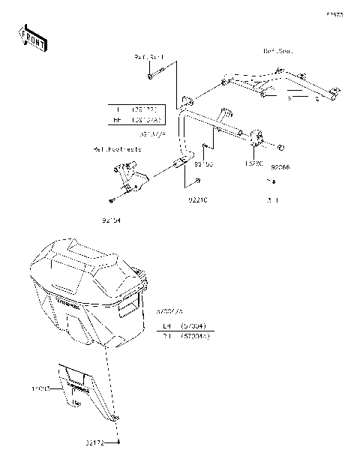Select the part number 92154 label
pos(110,221)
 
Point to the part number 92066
pos(280,168)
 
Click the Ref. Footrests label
pos(117,150)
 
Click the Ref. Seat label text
pos(277,51)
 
